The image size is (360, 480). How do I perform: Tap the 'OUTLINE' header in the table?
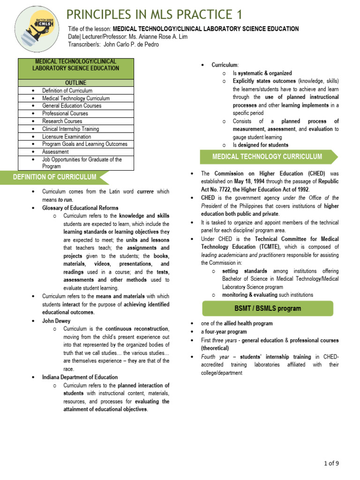[75, 83]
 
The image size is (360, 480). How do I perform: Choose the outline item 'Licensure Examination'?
[67, 136]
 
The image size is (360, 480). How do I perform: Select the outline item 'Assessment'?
[55, 152]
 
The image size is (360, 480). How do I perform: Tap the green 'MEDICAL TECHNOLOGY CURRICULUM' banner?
[267, 157]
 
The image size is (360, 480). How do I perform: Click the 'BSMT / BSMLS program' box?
[268, 308]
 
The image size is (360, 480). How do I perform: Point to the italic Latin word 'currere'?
[146, 192]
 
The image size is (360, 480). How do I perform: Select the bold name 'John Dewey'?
[56, 321]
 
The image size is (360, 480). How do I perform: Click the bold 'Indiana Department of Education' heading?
[80, 377]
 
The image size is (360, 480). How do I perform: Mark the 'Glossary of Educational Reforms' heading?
[80, 208]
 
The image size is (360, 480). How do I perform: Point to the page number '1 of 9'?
[331, 464]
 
